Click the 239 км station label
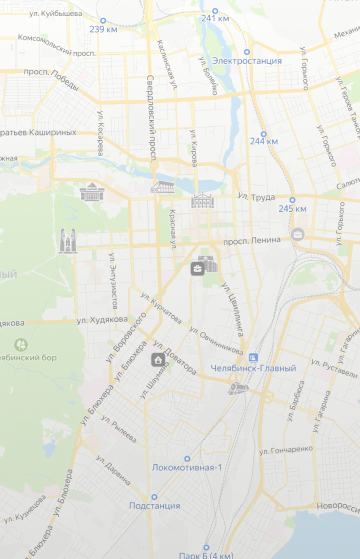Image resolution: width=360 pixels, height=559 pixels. click(x=103, y=29)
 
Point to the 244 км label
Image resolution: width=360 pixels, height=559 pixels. click(x=264, y=141)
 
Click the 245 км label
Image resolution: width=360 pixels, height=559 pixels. click(x=292, y=208)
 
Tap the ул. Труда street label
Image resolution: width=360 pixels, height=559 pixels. click(x=257, y=196)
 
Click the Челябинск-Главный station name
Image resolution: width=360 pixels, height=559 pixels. click(x=254, y=368)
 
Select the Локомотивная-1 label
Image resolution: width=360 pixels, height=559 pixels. click(x=187, y=467)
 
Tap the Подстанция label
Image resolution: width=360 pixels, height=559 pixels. click(x=155, y=505)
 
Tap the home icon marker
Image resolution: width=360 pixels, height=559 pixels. click(x=158, y=359)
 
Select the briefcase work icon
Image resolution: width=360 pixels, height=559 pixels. click(x=199, y=268)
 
